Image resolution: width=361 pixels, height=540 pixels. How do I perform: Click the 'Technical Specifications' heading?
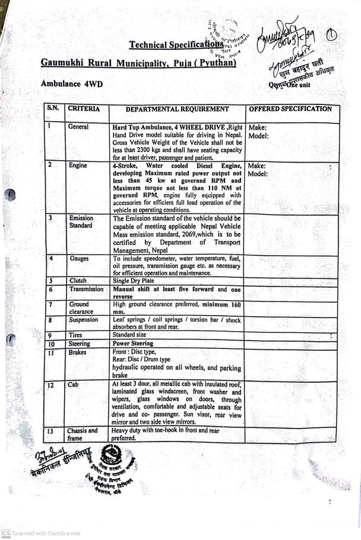tap(176, 45)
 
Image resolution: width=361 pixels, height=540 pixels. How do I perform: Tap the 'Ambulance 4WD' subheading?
tap(71, 84)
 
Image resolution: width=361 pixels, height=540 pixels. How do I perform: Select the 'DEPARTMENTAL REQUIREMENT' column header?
tap(177, 110)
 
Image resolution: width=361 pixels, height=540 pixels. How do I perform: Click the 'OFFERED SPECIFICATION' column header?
tap(290, 109)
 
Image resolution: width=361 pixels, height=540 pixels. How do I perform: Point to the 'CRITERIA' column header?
tap(84, 109)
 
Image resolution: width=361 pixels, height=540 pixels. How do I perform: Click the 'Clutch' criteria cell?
tap(77, 281)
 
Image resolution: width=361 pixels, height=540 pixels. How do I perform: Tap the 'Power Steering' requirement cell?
tap(134, 343)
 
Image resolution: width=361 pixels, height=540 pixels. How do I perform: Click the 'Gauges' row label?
tap(79, 259)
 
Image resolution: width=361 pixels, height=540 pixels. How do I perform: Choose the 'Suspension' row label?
tap(83, 320)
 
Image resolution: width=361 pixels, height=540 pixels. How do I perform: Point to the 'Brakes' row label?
tap(77, 352)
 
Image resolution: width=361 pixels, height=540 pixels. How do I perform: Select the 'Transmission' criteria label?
tap(86, 290)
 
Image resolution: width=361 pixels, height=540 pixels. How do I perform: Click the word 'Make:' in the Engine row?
tap(256, 166)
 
